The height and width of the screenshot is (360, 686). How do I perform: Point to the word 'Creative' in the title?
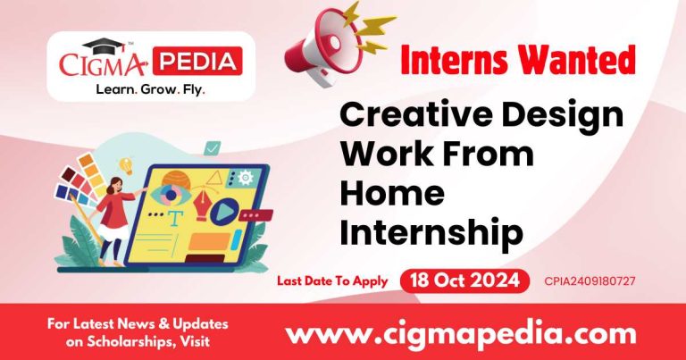click(404, 115)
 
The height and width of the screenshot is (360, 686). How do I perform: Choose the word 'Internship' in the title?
click(432, 232)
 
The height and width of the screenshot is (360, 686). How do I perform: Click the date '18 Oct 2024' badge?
click(464, 280)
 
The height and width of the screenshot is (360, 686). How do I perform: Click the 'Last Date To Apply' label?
click(331, 280)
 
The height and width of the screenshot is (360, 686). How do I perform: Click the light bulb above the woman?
click(127, 165)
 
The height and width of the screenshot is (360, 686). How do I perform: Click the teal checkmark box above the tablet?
click(213, 148)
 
